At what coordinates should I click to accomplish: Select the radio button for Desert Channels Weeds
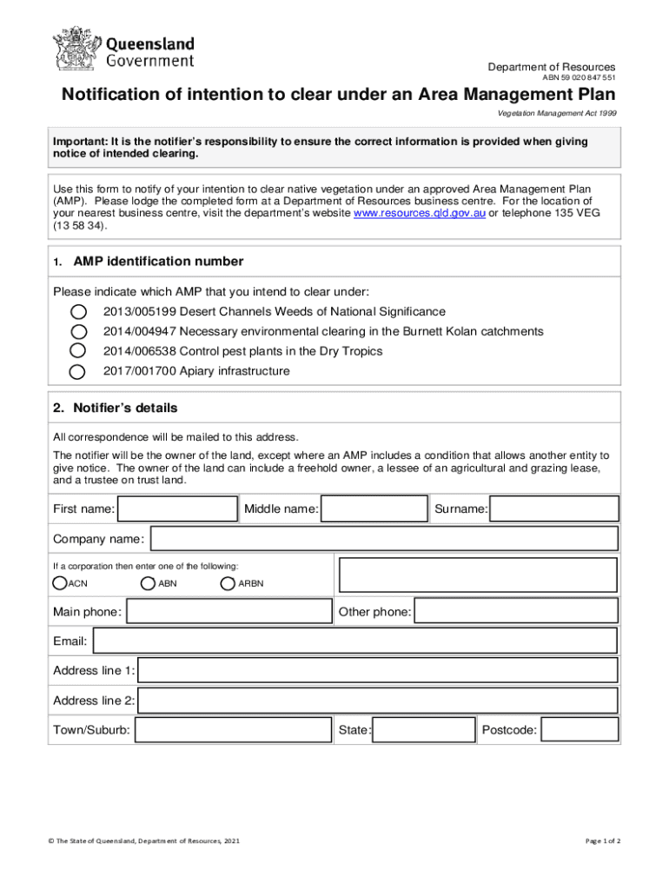click(x=78, y=311)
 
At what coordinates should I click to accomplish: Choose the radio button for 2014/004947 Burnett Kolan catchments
click(x=78, y=331)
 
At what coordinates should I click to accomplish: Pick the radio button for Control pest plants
click(x=78, y=351)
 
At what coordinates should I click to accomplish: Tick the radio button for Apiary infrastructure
click(x=78, y=371)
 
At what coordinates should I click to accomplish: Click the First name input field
click(x=178, y=508)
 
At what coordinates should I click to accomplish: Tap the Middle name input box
click(x=375, y=508)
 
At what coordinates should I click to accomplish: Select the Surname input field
click(x=554, y=508)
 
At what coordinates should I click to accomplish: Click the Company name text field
click(x=384, y=539)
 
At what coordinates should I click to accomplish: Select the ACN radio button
click(x=60, y=582)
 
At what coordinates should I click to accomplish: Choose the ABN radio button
click(x=149, y=582)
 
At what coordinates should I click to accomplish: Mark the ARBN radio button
click(x=229, y=582)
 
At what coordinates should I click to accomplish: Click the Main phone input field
click(x=229, y=612)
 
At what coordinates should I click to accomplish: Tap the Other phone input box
click(x=516, y=612)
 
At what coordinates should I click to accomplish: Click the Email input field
click(x=354, y=641)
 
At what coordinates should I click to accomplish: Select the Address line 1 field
click(x=378, y=670)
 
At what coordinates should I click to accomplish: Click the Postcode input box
click(x=580, y=730)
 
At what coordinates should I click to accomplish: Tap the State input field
click(x=424, y=730)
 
